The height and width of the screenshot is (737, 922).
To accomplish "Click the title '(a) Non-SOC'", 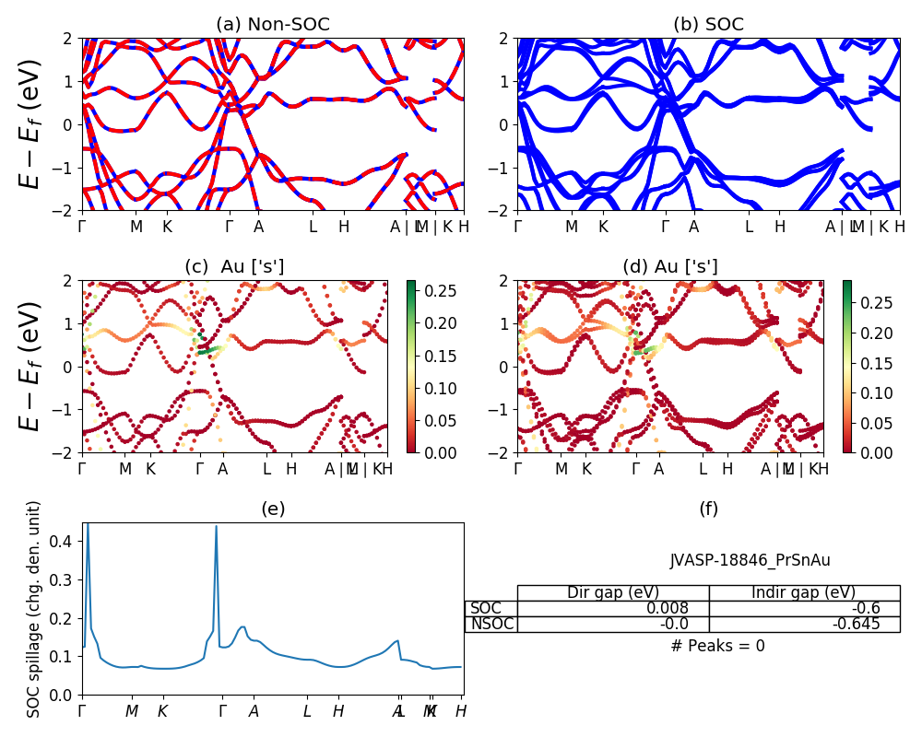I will coord(272,25).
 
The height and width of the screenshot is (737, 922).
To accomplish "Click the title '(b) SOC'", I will coord(708,25).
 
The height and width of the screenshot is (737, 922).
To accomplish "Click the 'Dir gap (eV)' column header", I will coord(612,592).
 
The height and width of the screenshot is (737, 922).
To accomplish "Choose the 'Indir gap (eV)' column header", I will coord(804,592).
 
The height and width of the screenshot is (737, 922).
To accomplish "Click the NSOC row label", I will coord(491,624).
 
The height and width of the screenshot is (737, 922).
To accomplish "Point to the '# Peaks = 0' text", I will coord(717,646).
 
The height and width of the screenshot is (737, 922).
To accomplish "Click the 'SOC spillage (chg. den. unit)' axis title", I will coord(34,609).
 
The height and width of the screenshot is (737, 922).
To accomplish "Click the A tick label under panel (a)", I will coord(258,227).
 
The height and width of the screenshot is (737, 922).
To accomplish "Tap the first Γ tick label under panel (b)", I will coord(518,227).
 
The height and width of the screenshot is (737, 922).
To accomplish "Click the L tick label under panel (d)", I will coord(703,469).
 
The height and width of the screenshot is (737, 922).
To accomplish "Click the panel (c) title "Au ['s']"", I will coord(235,267).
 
